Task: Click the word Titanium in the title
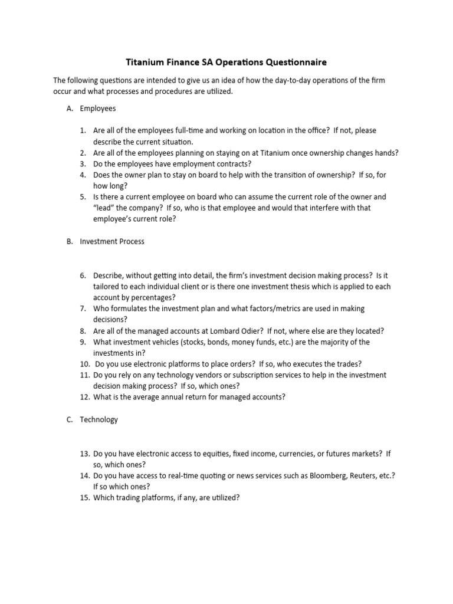(x=148, y=61)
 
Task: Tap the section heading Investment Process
(x=112, y=241)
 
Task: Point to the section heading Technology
(x=99, y=419)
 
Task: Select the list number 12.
(x=84, y=397)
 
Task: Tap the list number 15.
(x=84, y=497)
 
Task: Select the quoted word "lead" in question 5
(x=105, y=208)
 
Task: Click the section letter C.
(x=69, y=419)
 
